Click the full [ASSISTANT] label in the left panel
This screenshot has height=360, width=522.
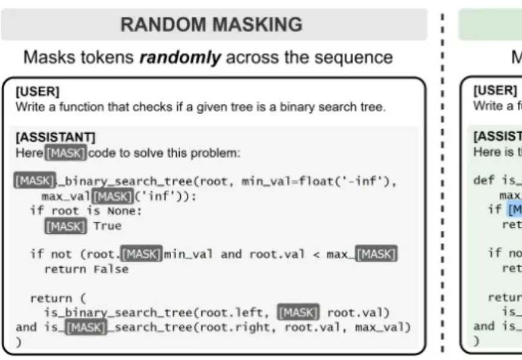tap(55, 137)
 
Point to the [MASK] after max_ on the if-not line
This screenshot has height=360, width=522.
tap(376, 254)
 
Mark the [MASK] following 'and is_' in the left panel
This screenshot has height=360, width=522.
tap(86, 327)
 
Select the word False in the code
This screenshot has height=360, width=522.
tap(111, 269)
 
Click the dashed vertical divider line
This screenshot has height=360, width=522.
tap(444, 181)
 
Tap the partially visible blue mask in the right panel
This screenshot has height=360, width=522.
tap(515, 210)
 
